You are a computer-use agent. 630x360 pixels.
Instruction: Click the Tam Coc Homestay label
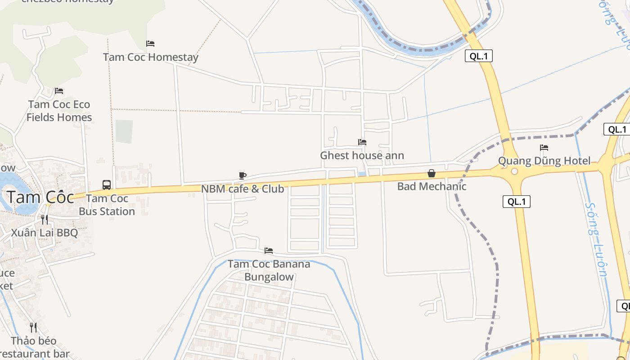[x=150, y=58]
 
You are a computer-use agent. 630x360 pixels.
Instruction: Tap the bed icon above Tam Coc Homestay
[x=150, y=44]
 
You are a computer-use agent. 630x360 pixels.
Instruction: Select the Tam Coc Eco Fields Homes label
[x=59, y=111]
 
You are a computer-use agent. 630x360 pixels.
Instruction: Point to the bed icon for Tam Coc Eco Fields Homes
[x=59, y=91]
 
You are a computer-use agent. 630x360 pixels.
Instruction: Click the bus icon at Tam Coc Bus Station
[x=107, y=184]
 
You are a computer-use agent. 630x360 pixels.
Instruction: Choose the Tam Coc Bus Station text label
[x=107, y=205]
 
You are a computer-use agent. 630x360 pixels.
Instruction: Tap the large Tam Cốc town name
[x=40, y=198]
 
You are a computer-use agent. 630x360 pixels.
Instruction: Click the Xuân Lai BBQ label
[x=44, y=233]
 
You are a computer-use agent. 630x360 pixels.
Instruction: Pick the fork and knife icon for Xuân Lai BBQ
[x=44, y=220]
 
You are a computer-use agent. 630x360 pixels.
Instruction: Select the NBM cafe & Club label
[x=242, y=189]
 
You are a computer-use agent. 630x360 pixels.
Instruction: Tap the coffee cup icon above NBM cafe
[x=242, y=175]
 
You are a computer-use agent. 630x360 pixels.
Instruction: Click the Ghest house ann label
[x=362, y=156]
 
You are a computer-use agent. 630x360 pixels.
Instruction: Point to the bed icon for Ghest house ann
[x=362, y=142]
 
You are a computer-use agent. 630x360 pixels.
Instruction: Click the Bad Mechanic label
[x=432, y=186]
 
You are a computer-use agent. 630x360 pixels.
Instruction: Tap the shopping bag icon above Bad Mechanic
[x=432, y=173]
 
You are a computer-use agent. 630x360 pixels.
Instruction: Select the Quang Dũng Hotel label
[x=544, y=161]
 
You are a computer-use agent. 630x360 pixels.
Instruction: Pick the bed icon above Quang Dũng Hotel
[x=544, y=148]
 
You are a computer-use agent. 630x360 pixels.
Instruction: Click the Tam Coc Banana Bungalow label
[x=269, y=270]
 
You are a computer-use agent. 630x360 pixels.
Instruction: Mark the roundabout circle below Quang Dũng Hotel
[x=514, y=171]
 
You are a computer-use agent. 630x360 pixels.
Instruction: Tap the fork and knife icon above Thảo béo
[x=33, y=327]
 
